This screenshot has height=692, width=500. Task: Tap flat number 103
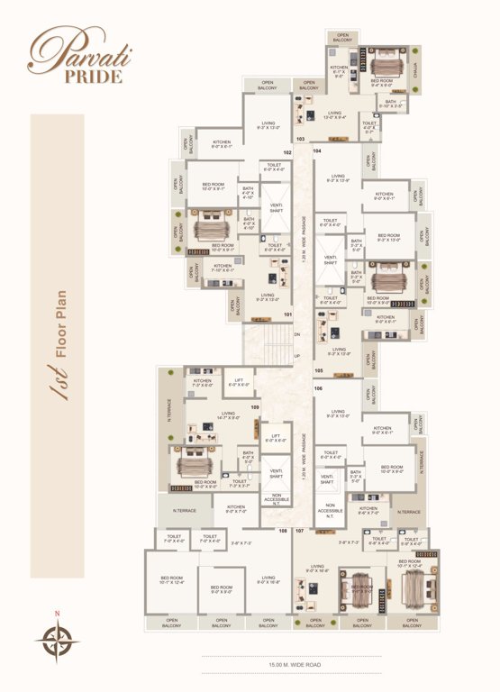[x=300, y=139]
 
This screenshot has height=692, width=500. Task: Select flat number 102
[x=287, y=153]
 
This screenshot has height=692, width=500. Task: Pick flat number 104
[x=317, y=150]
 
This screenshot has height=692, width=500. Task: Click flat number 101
[x=287, y=314]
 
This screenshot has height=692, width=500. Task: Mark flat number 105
[x=318, y=370]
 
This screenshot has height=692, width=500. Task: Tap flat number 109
[x=255, y=407]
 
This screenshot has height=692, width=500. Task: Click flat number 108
[x=283, y=531]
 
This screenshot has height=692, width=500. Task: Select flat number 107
[x=300, y=531]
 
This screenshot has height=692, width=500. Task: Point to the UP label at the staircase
[x=297, y=355]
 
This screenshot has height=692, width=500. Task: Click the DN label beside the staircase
[x=296, y=332]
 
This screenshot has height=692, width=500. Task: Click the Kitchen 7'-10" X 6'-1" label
[x=223, y=268]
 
